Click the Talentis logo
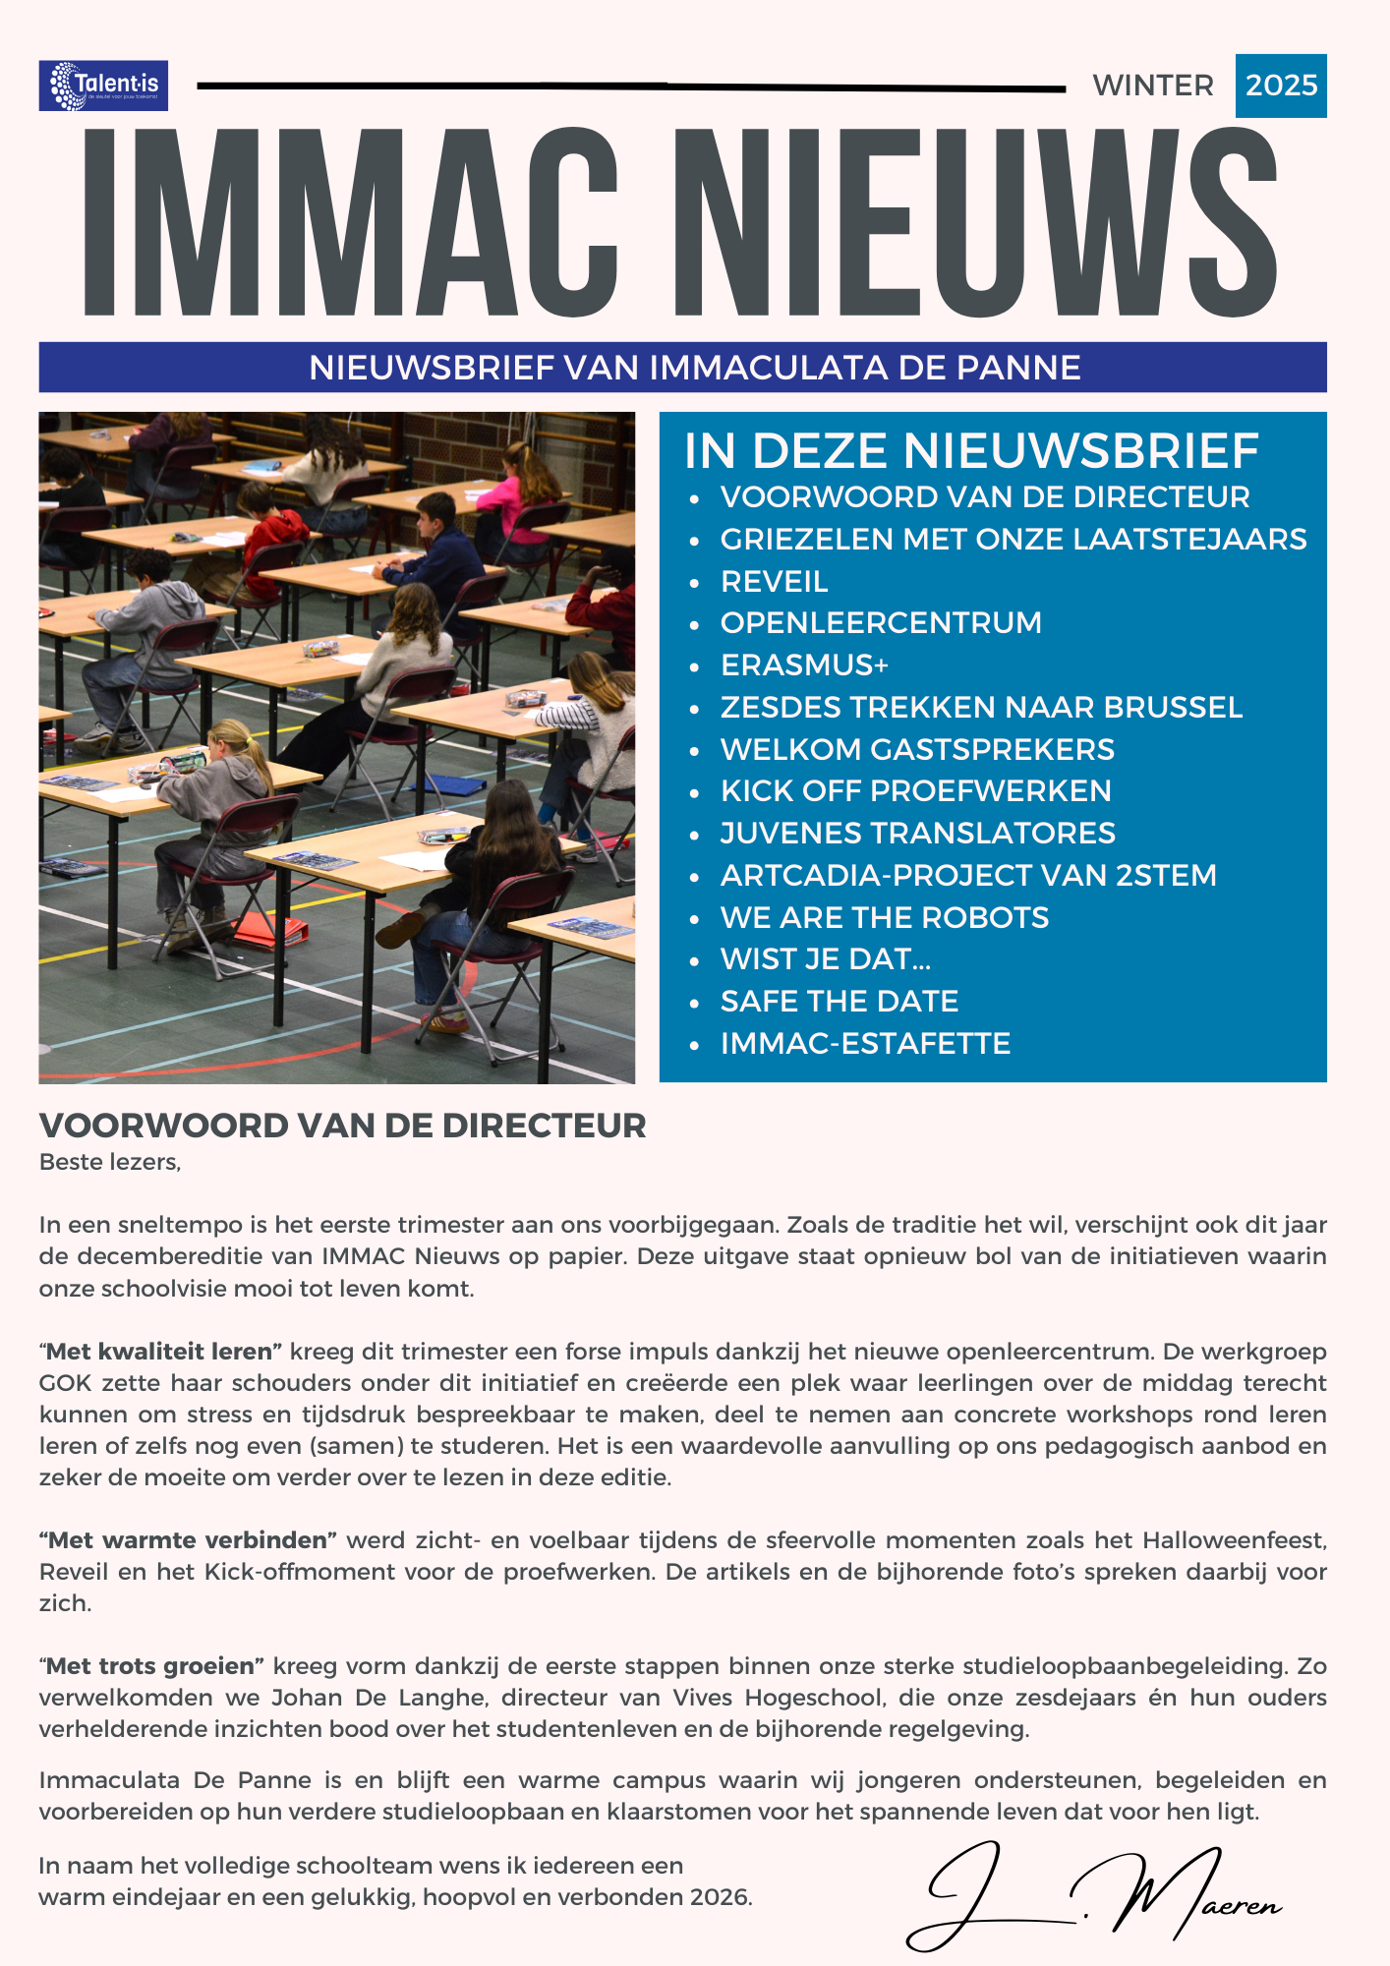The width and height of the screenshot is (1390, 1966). (x=103, y=86)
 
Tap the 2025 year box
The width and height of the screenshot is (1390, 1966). (x=1281, y=86)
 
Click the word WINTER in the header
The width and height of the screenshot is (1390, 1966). (x=1153, y=86)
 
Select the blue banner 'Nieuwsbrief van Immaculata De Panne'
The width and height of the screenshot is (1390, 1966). (x=683, y=368)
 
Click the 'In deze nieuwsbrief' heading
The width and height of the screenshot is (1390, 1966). (x=971, y=451)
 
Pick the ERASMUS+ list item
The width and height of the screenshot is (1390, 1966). (x=804, y=665)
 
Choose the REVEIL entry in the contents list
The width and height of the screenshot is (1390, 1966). (x=775, y=581)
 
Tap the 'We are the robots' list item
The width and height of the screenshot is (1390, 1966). (x=885, y=917)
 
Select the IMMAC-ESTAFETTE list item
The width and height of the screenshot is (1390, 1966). (x=865, y=1043)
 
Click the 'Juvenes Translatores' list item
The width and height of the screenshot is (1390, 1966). (x=918, y=834)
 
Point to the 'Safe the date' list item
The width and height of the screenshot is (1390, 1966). (x=840, y=1001)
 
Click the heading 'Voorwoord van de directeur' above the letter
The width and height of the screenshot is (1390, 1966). (x=342, y=1126)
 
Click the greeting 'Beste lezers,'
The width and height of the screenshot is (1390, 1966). (x=110, y=1162)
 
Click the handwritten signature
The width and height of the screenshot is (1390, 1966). (x=1091, y=1897)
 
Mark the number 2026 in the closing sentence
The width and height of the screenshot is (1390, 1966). (x=720, y=1897)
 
